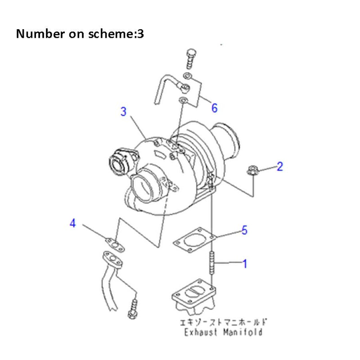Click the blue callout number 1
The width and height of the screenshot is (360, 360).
pos(245,264)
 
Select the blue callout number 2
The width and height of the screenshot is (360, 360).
pos(279,167)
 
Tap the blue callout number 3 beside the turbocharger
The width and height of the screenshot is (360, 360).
pos(123,112)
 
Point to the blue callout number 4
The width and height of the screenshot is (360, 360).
pos(72,223)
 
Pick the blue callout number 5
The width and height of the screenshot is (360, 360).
pos(244,230)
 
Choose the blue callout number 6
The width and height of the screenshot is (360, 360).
pos(214,108)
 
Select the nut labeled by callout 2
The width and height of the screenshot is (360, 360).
pos(252,171)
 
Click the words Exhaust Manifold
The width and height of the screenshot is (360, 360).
pos(223,332)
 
